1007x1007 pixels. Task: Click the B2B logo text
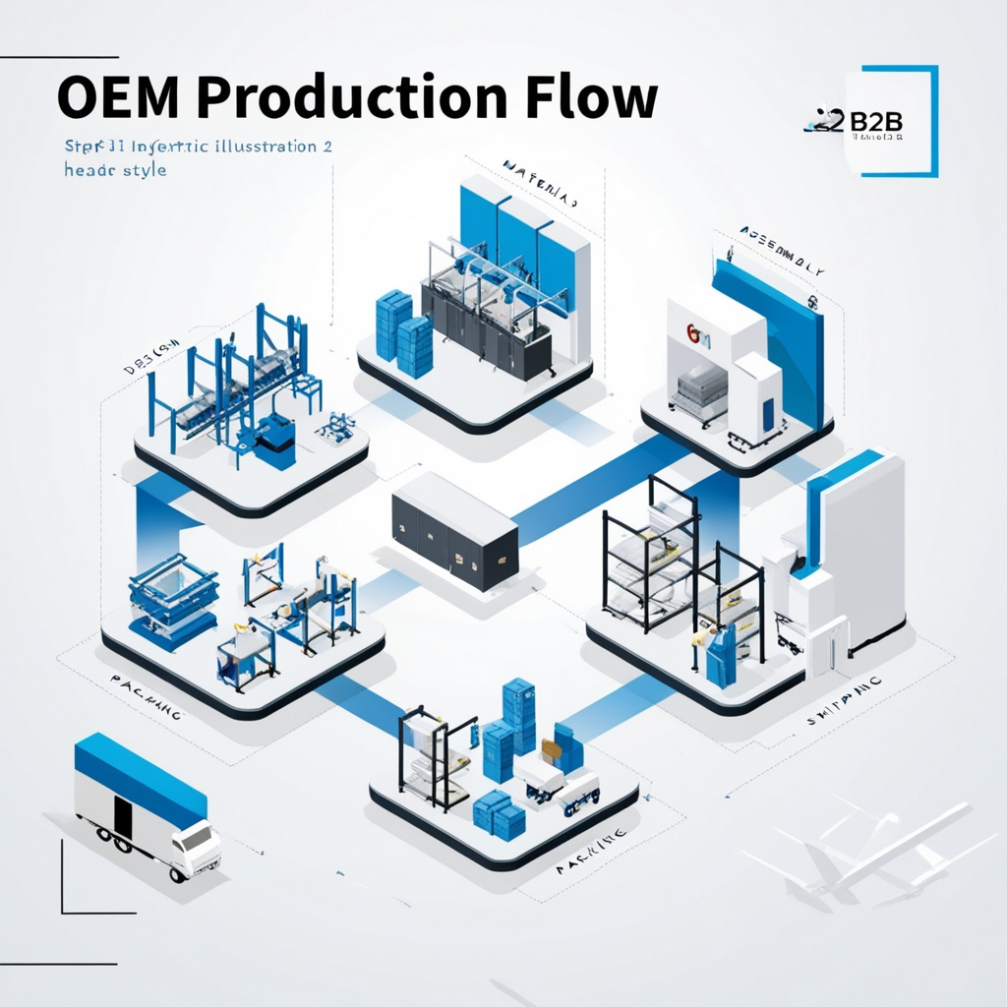872,121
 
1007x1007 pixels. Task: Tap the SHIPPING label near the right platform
843,701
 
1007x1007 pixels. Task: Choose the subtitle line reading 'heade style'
101,169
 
